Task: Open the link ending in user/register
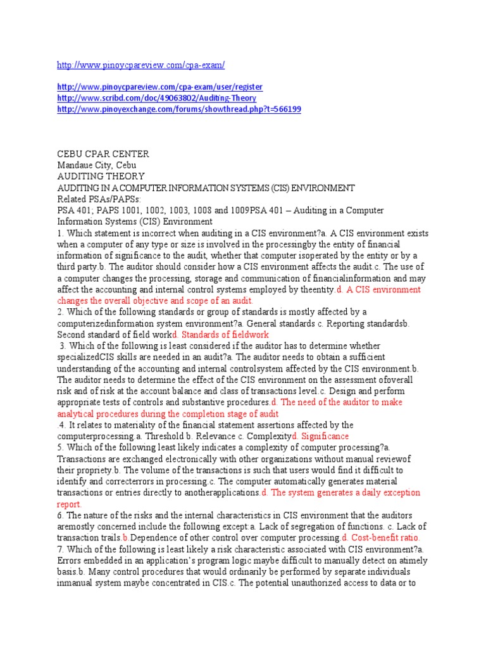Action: coord(159,87)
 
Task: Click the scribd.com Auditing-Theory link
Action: coord(156,98)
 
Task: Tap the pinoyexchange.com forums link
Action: coord(179,109)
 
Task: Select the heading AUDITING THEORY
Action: coord(101,177)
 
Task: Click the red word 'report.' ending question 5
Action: coord(70,504)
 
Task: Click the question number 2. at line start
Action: coord(61,312)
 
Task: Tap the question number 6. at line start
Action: coord(61,516)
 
